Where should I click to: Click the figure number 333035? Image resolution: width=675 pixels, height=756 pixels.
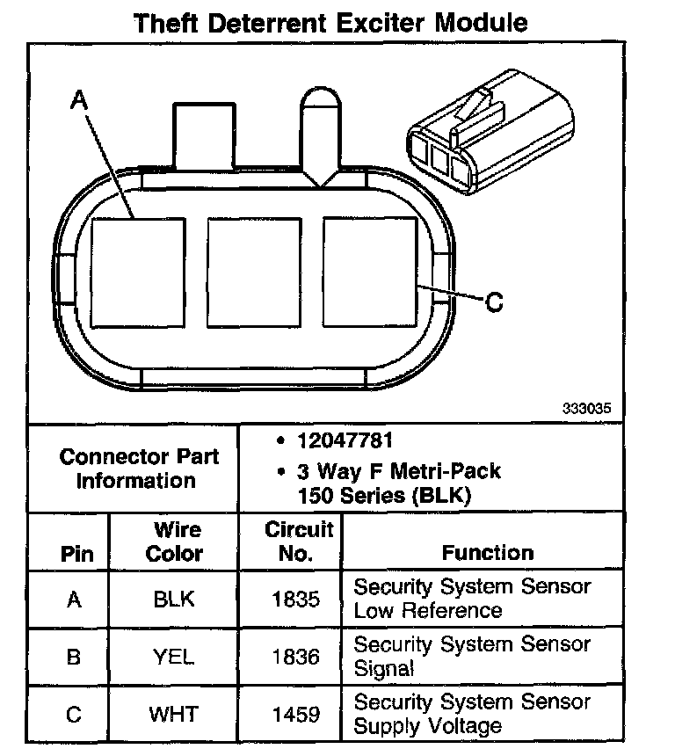tap(586, 409)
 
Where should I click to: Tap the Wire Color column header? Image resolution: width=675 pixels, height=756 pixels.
tap(174, 542)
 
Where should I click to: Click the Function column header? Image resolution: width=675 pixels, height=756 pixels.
tap(487, 553)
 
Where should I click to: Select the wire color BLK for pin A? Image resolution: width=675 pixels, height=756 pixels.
tap(174, 600)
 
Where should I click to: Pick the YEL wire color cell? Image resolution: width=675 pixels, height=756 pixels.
tap(174, 657)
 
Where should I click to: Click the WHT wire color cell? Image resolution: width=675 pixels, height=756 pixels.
tap(174, 714)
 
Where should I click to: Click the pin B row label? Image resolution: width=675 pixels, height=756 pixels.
tap(74, 657)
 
